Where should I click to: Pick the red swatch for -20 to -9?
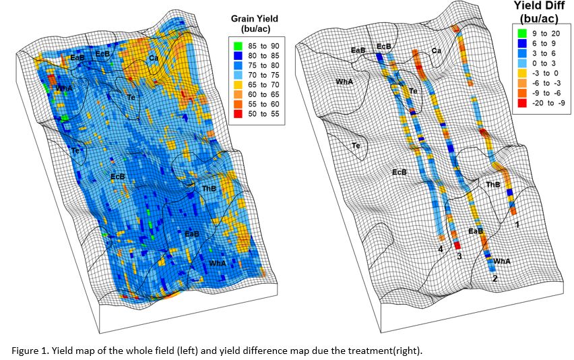tap(521, 102)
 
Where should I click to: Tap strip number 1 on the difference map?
tap(516, 223)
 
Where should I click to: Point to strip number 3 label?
tap(459, 256)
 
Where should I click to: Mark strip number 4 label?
tap(440, 249)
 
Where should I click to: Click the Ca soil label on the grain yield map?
tap(154, 58)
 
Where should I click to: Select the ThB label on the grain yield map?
tap(209, 189)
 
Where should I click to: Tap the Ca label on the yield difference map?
tap(437, 51)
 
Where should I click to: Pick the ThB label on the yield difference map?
tap(492, 184)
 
